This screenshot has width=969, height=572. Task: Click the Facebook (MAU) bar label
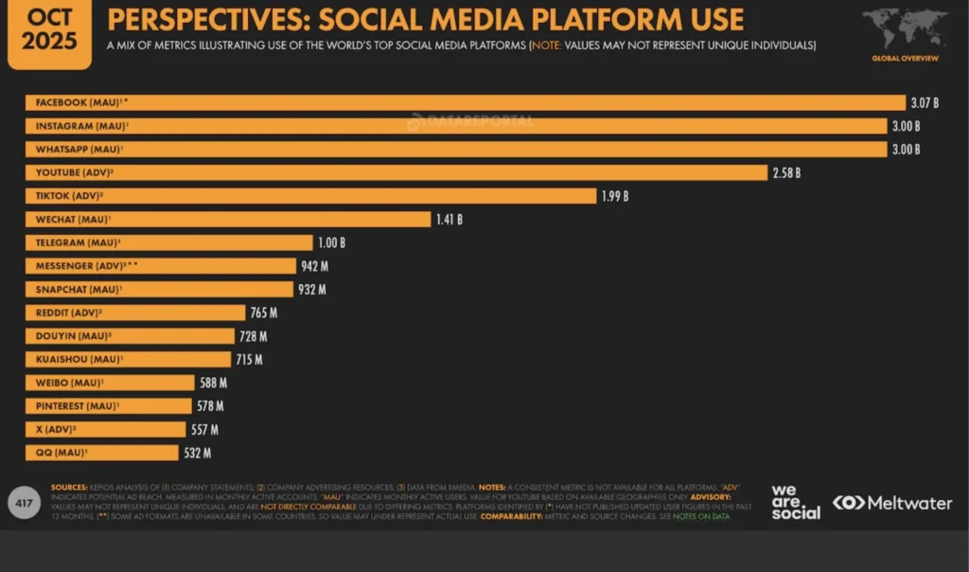[79, 102]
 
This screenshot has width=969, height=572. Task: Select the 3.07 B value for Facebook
[925, 102]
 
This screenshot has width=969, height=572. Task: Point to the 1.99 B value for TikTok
[614, 196]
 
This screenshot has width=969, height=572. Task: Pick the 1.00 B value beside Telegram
[330, 242]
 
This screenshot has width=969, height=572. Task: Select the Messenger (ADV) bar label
[87, 266]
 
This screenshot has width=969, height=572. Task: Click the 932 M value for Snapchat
[311, 289]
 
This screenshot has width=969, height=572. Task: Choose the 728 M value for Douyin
[253, 336]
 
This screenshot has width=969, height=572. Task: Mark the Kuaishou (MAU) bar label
[79, 359]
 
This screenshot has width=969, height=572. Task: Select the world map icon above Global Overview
[905, 27]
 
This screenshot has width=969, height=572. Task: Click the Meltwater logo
[892, 503]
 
